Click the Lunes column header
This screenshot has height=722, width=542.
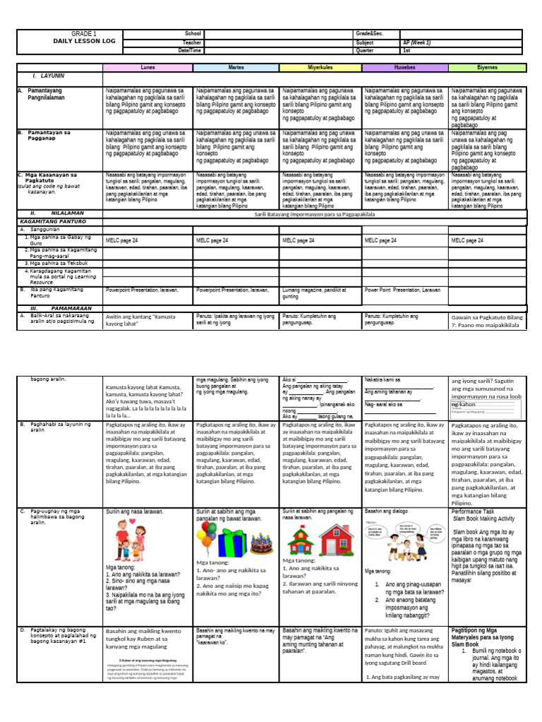(x=147, y=68)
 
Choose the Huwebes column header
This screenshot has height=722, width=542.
(x=405, y=68)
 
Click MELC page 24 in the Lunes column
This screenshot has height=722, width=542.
(x=121, y=240)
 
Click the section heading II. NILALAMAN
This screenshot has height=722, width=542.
(x=57, y=212)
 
